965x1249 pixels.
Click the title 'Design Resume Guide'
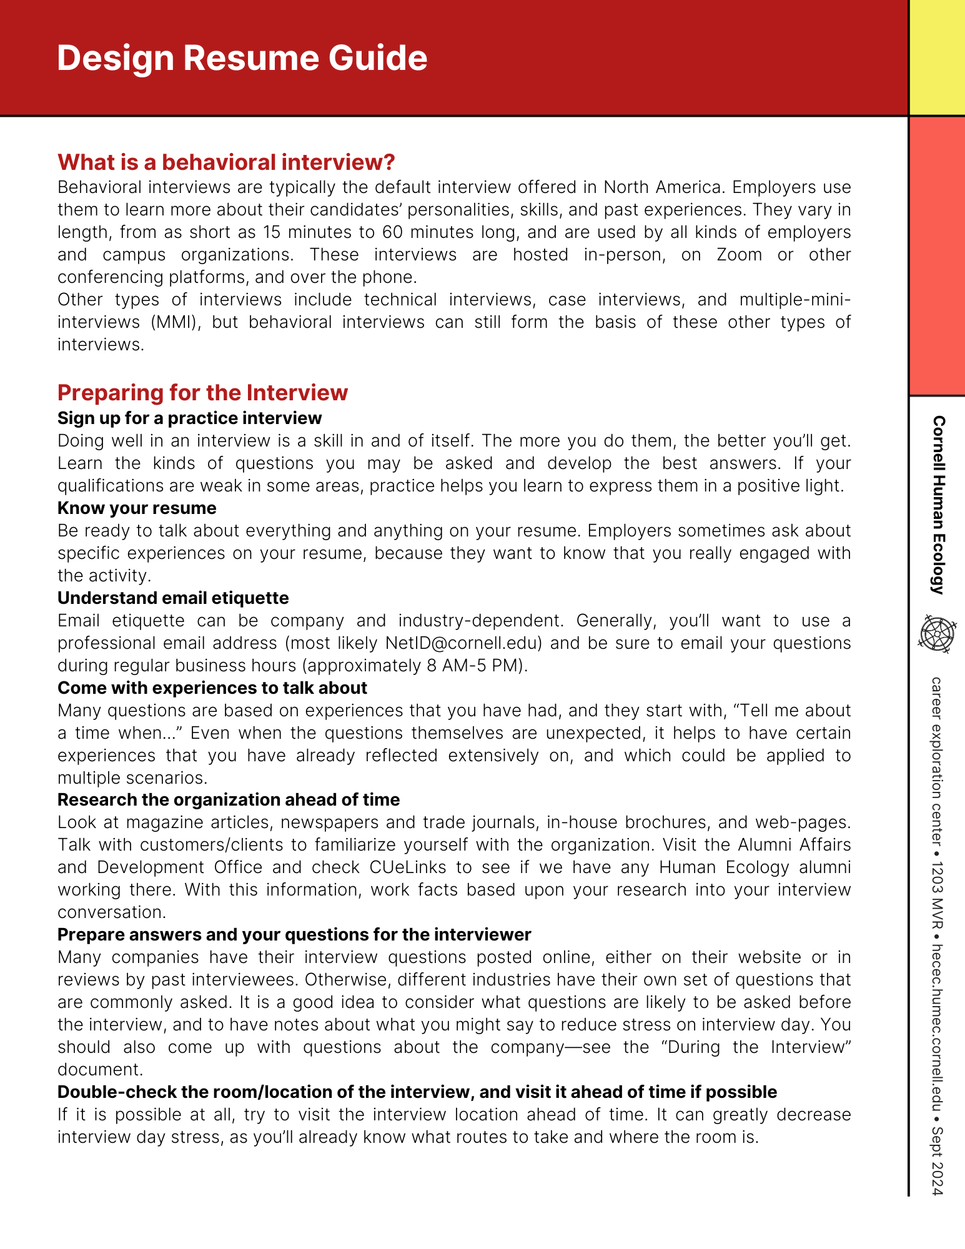click(242, 58)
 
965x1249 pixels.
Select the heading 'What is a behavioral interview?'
click(226, 162)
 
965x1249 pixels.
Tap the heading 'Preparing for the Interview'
click(202, 393)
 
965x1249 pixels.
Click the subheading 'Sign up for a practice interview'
click(189, 418)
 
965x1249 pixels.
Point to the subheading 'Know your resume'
click(137, 508)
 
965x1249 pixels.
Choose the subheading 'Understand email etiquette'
click(173, 598)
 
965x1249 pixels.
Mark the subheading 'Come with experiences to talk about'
click(212, 688)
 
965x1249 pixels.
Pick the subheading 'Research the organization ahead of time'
click(229, 799)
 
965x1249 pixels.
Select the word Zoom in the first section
click(739, 255)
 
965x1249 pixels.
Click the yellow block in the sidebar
click(937, 57)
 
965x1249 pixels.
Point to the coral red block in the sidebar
click(937, 256)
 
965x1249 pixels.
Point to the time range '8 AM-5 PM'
click(475, 665)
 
